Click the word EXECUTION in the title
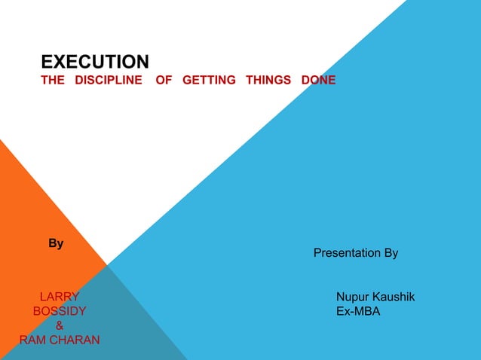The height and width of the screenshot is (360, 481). pos(94,61)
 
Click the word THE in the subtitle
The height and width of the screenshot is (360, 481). pos(53,81)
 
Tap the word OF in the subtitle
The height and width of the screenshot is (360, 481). pos(164,81)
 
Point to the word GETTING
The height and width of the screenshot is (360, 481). pos(209,81)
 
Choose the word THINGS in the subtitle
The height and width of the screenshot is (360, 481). pos(268,81)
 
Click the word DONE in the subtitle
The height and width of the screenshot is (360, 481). pos(318,81)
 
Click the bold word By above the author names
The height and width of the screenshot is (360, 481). pos(56,243)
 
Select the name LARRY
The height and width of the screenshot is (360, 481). pos(59,297)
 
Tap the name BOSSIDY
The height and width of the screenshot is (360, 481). pos(59,311)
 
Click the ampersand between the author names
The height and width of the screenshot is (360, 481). pos(60,325)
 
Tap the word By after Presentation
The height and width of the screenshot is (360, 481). pos(391,253)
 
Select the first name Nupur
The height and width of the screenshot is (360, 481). pos(352,297)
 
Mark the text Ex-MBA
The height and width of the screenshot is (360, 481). pos(358,311)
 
